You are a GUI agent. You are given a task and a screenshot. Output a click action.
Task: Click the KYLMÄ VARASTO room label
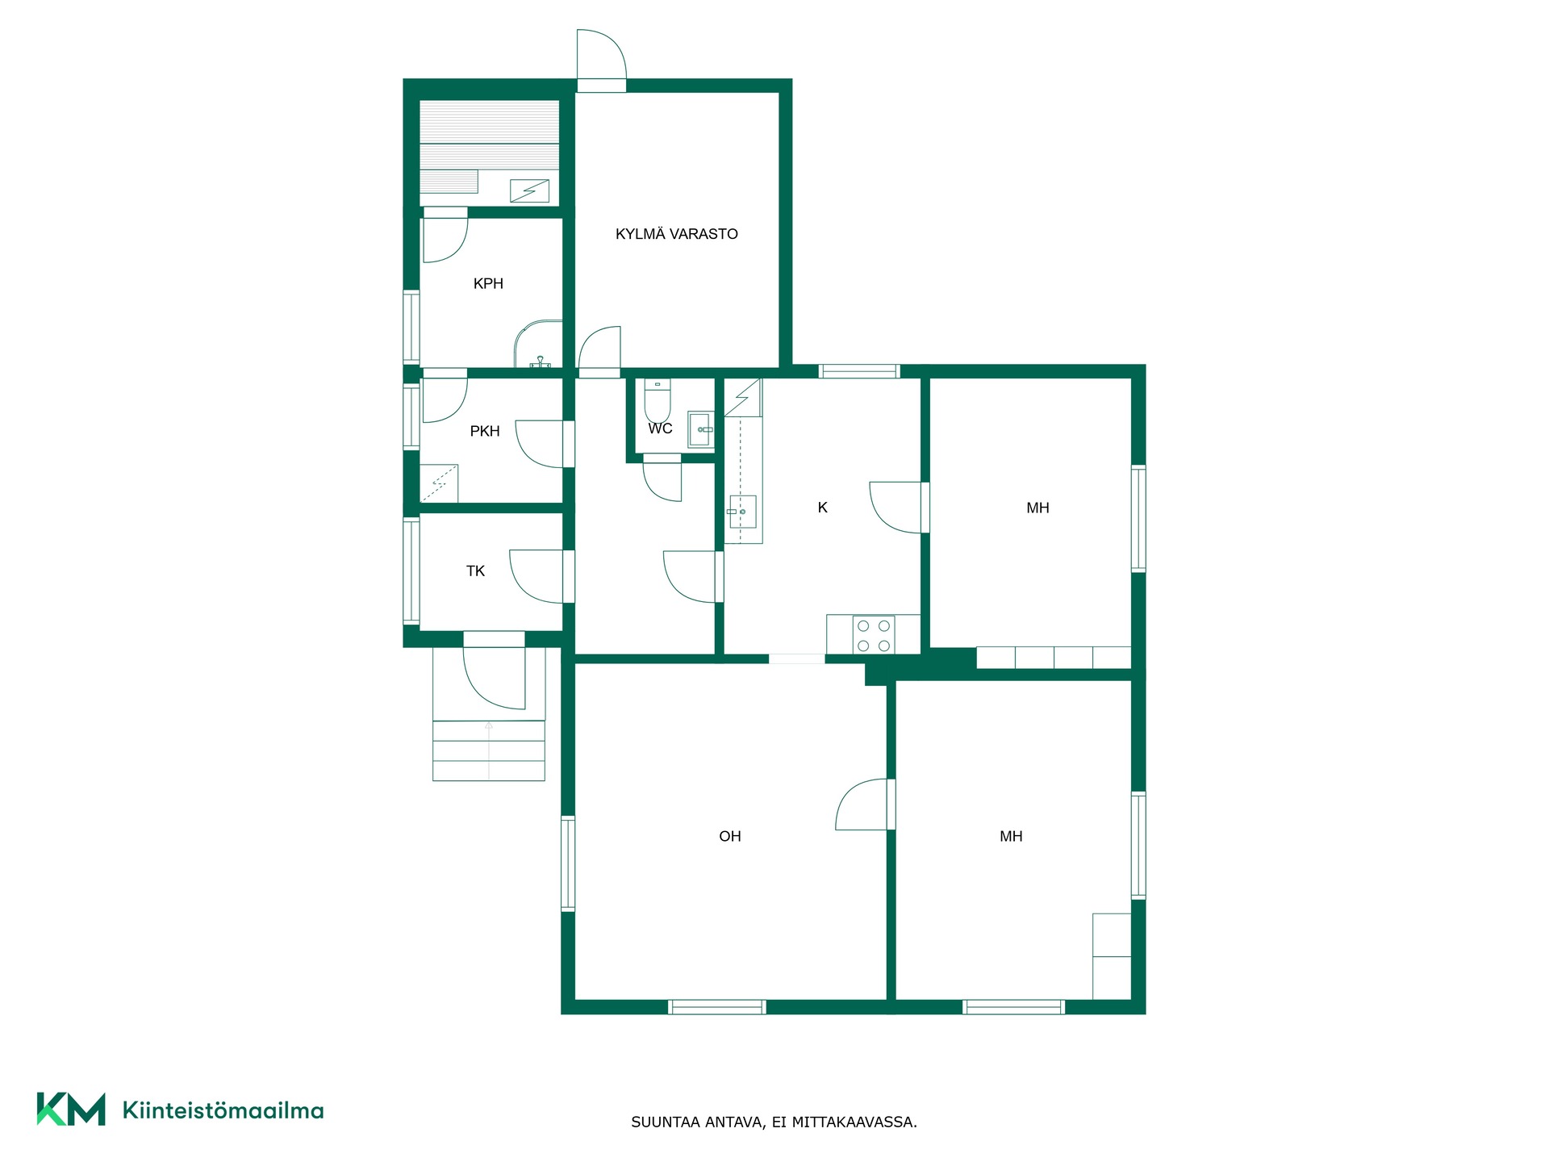tap(677, 234)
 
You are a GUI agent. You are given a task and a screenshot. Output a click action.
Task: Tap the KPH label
tap(488, 283)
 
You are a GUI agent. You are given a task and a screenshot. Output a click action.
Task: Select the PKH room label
tap(485, 431)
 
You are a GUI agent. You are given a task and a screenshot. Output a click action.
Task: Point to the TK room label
tap(475, 571)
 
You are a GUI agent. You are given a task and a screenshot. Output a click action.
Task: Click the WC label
tap(660, 428)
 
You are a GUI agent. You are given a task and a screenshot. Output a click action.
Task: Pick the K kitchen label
tap(823, 508)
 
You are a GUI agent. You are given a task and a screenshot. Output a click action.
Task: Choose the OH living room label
tap(730, 837)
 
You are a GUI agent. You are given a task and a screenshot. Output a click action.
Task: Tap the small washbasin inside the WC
tap(701, 429)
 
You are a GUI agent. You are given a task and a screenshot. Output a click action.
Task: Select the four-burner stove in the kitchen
tap(874, 635)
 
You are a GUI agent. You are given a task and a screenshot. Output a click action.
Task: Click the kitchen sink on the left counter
tap(742, 512)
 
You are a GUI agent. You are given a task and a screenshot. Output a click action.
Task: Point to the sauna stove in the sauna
tap(529, 191)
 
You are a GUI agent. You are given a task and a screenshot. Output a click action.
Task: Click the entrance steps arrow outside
tap(489, 750)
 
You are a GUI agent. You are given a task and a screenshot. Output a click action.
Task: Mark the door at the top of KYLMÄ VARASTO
tap(602, 61)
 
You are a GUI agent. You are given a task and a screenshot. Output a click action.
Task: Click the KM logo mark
tap(71, 1109)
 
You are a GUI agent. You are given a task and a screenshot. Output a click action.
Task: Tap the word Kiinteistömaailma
tap(223, 1110)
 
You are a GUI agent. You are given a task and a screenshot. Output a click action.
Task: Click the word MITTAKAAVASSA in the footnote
tap(854, 1122)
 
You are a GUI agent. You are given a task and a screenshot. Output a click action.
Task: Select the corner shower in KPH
tap(538, 345)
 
